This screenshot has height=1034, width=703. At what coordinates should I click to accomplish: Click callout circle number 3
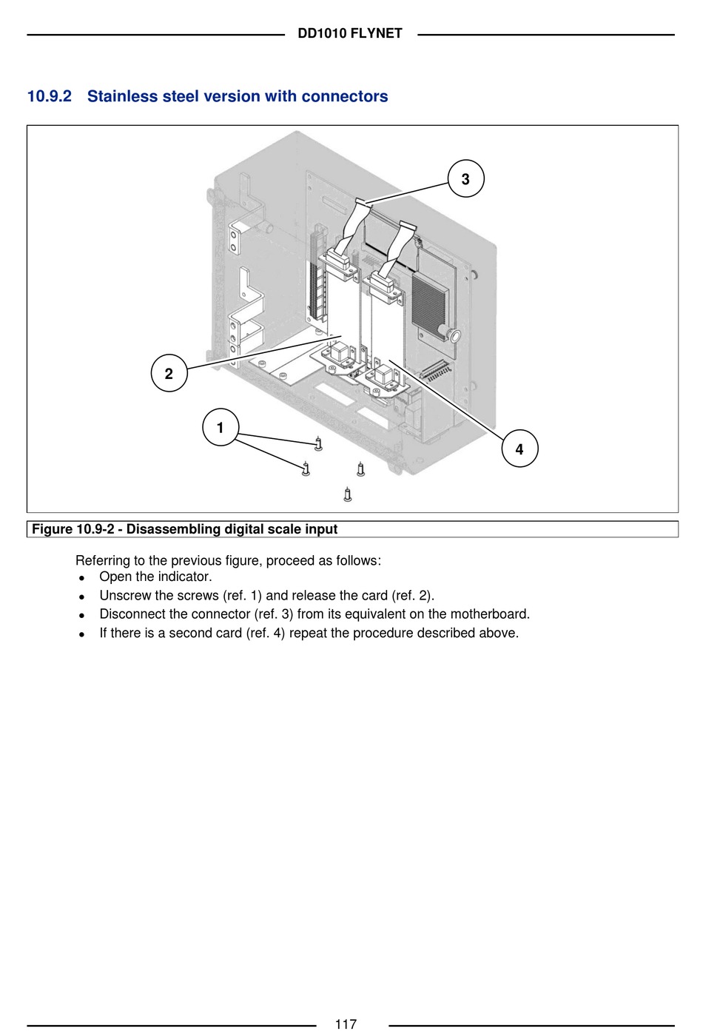click(465, 179)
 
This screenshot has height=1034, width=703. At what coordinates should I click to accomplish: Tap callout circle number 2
click(169, 374)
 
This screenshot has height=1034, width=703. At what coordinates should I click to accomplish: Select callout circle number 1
click(220, 428)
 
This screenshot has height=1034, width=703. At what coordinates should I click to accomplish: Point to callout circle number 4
click(519, 449)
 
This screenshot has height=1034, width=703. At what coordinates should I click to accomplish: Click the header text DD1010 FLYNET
click(350, 33)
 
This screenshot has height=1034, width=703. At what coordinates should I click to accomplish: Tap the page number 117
click(346, 1024)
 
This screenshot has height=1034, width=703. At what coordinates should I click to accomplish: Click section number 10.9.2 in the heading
click(50, 96)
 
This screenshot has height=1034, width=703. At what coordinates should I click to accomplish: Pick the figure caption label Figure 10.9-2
click(73, 529)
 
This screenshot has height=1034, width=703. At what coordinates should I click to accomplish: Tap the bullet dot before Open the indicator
click(81, 578)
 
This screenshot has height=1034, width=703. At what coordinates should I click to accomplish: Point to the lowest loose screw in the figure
click(348, 494)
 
